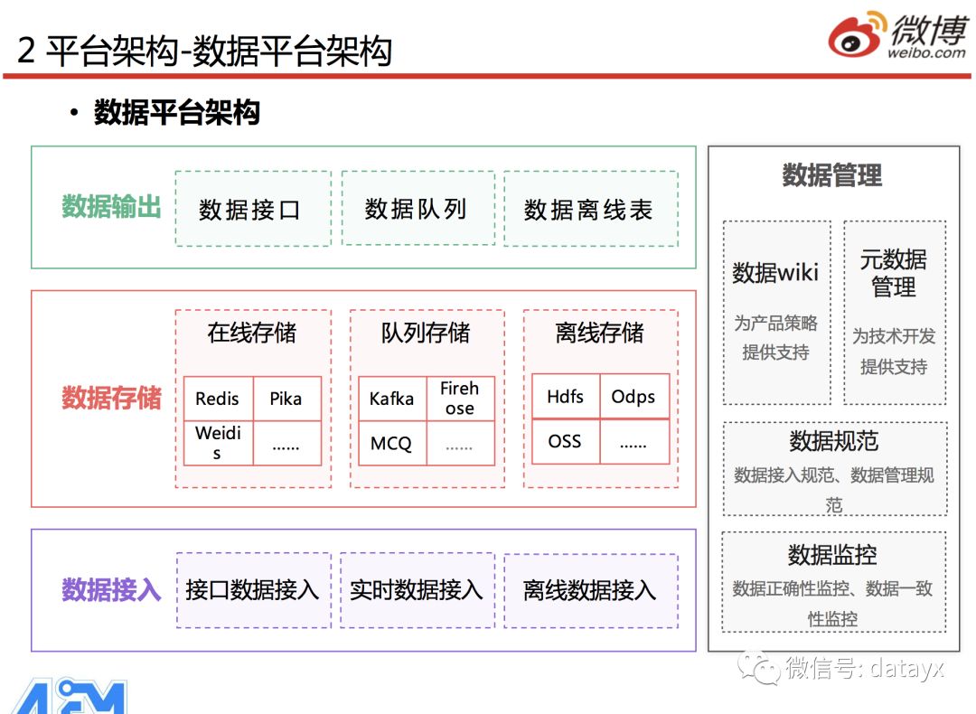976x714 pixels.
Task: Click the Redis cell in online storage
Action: point(218,399)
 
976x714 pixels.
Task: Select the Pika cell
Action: point(286,399)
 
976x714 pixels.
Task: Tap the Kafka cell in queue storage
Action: point(392,399)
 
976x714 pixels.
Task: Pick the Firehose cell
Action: point(460,399)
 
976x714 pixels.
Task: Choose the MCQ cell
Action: point(391,444)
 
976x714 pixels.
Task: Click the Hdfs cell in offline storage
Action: point(566,397)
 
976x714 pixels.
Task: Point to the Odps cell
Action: point(633,397)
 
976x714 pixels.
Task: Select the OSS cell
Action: point(566,442)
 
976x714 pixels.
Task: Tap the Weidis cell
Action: point(218,443)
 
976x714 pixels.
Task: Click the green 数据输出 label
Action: point(111,207)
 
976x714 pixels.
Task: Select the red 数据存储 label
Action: point(111,398)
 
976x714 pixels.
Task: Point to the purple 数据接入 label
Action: point(111,590)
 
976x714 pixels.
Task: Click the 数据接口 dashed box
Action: point(252,209)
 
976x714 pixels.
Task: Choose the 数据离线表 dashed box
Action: point(590,209)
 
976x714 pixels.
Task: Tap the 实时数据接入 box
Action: point(417,590)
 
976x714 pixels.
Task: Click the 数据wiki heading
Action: point(775,272)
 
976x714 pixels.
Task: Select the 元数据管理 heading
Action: point(894,274)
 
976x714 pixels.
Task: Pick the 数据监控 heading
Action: point(832,554)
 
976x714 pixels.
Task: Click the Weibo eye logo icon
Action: point(856,37)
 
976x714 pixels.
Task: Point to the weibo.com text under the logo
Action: point(926,53)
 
